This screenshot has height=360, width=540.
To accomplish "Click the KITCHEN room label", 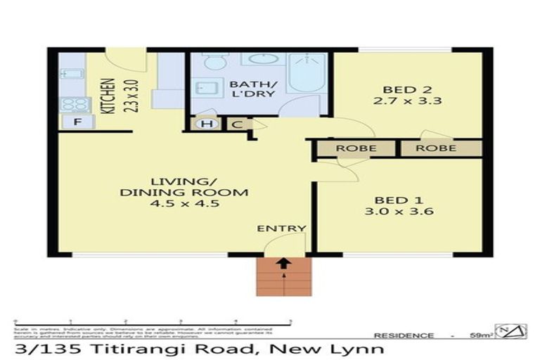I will click(108, 96).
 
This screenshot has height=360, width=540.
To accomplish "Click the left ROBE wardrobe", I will click(356, 148).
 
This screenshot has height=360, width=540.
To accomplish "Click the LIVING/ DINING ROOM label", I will click(185, 186).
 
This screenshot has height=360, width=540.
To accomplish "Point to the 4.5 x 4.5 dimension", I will click(185, 204).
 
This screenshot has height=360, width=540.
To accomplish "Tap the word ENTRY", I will click(281, 228).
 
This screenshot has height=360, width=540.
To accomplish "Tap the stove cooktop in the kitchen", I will click(74, 104).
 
